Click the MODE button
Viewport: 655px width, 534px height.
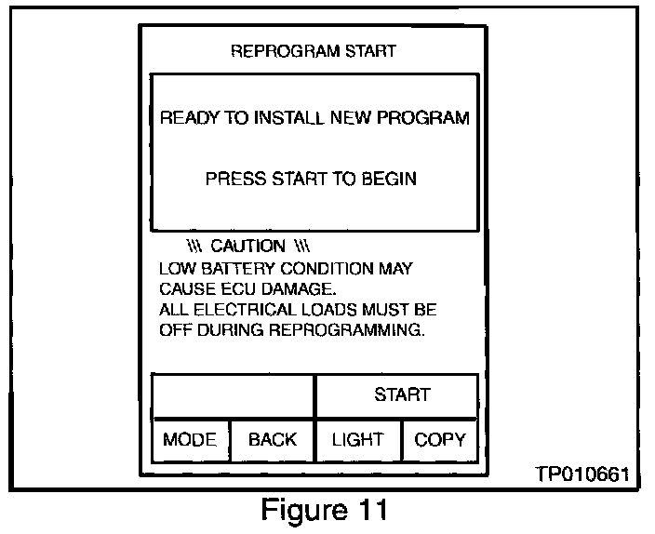[190, 440]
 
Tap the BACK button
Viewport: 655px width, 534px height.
[272, 440]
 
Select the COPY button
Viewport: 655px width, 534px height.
[440, 440]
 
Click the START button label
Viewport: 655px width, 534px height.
[402, 394]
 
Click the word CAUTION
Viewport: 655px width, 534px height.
[248, 247]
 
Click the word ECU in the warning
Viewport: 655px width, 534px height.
[238, 288]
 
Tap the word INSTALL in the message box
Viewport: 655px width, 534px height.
[281, 118]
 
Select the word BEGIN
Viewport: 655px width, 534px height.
[391, 179]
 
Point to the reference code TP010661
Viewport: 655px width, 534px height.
[581, 474]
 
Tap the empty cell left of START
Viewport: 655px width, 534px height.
[233, 394]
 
